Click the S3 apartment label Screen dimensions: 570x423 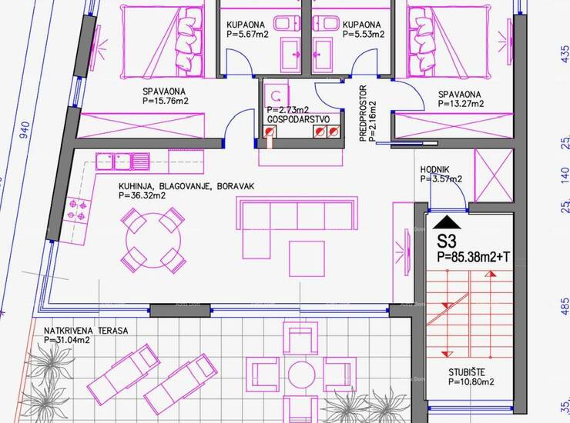pyautogui.click(x=447, y=241)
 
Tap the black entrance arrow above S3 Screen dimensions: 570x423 pyautogui.click(x=447, y=222)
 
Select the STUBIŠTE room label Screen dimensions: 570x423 pyautogui.click(x=466, y=372)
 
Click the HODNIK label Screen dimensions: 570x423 pyautogui.click(x=434, y=169)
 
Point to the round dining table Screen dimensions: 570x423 pyautogui.click(x=153, y=240)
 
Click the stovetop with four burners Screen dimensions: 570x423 pyautogui.click(x=77, y=210)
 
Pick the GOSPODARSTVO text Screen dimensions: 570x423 pyautogui.click(x=298, y=119)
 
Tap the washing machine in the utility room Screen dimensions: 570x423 pyautogui.click(x=277, y=96)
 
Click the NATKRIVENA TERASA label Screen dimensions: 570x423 pyautogui.click(x=85, y=331)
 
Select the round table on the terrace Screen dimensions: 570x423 pyautogui.click(x=301, y=374)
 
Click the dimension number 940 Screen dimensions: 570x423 pyautogui.click(x=25, y=130)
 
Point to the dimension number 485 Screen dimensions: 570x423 pyautogui.click(x=565, y=306)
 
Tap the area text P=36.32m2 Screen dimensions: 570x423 pyautogui.click(x=142, y=195)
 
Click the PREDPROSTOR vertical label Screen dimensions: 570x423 pyautogui.click(x=363, y=113)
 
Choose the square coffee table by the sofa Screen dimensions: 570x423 pyautogui.click(x=307, y=259)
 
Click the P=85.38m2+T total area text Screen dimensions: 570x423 pyautogui.click(x=473, y=257)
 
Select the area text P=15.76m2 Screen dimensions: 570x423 pyautogui.click(x=166, y=101)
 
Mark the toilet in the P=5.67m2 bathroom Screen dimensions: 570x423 pyautogui.click(x=287, y=24)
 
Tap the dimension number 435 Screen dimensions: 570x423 pyautogui.click(x=565, y=54)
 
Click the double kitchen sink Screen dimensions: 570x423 pyautogui.click(x=123, y=162)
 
